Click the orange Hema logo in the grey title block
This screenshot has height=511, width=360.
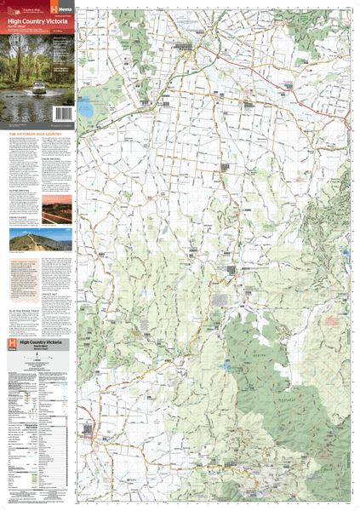pos(11,344)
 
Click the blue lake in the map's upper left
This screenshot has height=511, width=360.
pos(85,109)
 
